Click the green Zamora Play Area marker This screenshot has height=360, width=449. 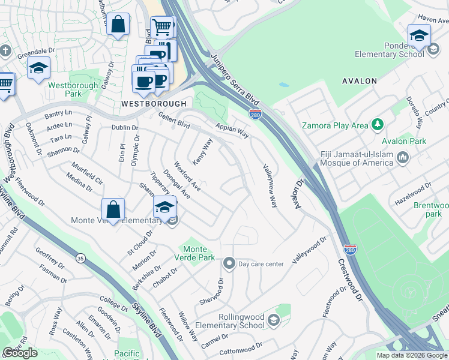[x=378, y=125]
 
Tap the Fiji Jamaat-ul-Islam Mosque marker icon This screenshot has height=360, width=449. [x=403, y=158]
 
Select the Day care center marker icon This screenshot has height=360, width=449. [x=229, y=263]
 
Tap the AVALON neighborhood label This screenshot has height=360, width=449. [x=359, y=80]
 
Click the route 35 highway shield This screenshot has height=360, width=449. [x=80, y=258]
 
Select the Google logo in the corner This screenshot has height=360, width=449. [x=20, y=353]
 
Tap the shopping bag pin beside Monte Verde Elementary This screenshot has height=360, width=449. [x=113, y=209]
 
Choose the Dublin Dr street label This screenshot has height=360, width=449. [x=125, y=128]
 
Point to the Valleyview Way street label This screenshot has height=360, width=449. [x=269, y=185]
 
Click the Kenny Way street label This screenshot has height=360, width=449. [x=203, y=152]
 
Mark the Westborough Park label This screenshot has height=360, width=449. [x=65, y=89]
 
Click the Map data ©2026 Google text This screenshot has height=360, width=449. [x=411, y=355]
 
